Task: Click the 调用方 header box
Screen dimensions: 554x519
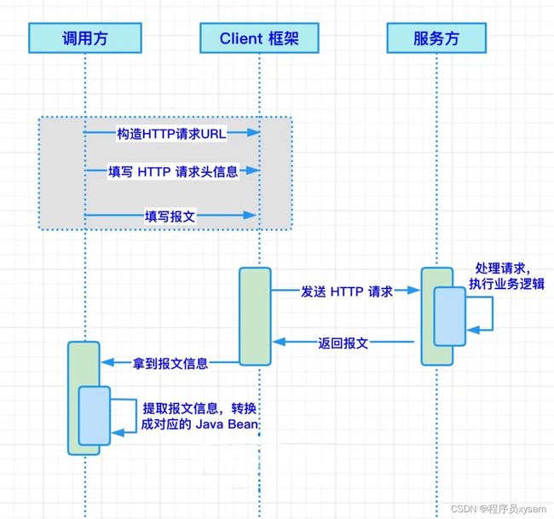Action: (x=85, y=38)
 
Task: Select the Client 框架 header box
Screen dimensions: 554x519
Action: (x=259, y=38)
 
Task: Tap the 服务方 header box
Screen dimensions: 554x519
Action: (x=436, y=38)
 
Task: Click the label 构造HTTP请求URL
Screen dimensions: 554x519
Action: (x=171, y=134)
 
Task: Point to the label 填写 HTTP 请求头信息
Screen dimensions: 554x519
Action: (x=173, y=171)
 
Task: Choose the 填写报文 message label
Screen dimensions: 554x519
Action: (x=170, y=216)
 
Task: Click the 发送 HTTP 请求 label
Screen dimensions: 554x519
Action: (x=347, y=291)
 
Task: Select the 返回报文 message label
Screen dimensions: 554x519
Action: (x=343, y=343)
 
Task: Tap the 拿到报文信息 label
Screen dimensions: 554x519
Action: (x=170, y=363)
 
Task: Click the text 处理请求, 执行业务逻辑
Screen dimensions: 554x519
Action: (x=506, y=276)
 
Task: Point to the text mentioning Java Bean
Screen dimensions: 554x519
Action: (x=199, y=416)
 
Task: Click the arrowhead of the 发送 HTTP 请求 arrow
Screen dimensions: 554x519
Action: (x=413, y=291)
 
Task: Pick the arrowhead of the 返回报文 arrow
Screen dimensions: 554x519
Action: (x=280, y=342)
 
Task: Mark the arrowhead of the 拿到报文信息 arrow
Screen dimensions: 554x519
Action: (x=108, y=362)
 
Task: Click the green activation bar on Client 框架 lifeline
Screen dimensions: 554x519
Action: (x=255, y=316)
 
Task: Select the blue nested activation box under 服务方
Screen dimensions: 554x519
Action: (x=450, y=316)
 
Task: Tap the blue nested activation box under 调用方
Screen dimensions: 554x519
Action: (x=95, y=416)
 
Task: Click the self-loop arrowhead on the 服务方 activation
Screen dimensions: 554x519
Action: (x=473, y=331)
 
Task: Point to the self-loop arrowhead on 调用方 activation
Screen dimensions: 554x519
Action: (x=118, y=432)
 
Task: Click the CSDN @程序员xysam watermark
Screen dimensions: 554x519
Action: (x=499, y=509)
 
